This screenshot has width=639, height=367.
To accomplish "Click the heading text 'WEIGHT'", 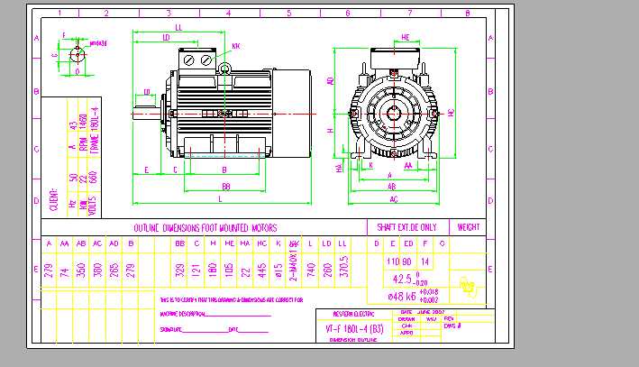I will [468, 227].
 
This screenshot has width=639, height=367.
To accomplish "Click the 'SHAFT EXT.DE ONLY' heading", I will [407, 227].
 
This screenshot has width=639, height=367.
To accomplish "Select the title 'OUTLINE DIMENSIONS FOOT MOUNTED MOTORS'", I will [205, 227].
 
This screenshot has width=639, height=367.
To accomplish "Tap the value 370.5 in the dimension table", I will [343, 271].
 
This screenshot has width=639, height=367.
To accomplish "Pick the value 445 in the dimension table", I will [261, 271].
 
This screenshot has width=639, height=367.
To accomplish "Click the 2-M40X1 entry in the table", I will [294, 271].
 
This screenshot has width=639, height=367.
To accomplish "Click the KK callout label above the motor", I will [235, 45].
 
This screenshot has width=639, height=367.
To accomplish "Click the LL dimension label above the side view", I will [178, 28].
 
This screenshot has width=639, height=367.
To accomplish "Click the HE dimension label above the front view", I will [406, 37].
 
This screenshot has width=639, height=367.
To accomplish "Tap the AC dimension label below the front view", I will [394, 197].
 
